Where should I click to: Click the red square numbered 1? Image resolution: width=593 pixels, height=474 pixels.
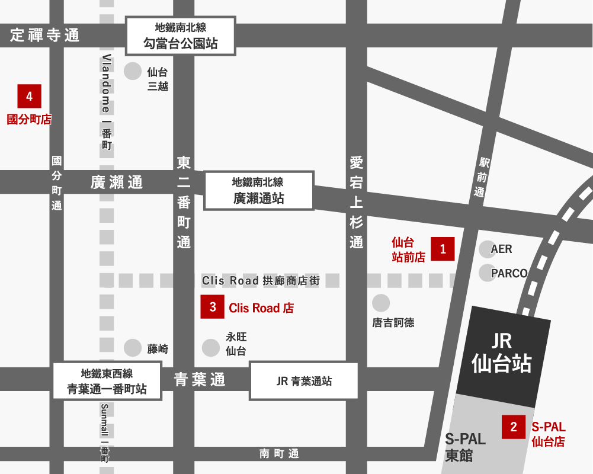click(443, 249)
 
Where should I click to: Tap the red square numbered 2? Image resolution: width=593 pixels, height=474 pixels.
click(514, 427)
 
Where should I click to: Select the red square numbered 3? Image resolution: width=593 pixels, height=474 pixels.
click(212, 307)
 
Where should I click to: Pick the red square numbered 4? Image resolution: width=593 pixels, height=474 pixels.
click(29, 97)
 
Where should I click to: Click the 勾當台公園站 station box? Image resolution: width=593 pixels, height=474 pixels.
click(181, 36)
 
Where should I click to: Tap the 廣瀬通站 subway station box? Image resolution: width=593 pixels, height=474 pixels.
click(258, 191)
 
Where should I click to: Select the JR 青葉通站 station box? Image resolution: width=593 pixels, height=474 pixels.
click(304, 381)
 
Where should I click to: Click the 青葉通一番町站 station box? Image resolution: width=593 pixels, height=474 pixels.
click(107, 382)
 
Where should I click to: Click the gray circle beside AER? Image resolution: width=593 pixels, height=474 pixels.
click(488, 249)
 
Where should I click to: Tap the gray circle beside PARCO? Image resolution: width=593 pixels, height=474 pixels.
click(488, 273)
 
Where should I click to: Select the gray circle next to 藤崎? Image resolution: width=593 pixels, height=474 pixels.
click(133, 348)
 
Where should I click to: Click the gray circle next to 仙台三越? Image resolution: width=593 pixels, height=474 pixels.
click(133, 71)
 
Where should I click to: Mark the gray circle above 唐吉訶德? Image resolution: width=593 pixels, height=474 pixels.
click(381, 303)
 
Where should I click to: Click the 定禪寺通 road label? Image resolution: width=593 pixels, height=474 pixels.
click(44, 36)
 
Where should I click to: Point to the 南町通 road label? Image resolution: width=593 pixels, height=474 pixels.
click(279, 454)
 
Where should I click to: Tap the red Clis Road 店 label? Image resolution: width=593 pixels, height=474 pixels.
click(261, 308)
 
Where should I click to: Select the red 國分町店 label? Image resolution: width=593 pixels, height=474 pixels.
click(29, 120)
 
